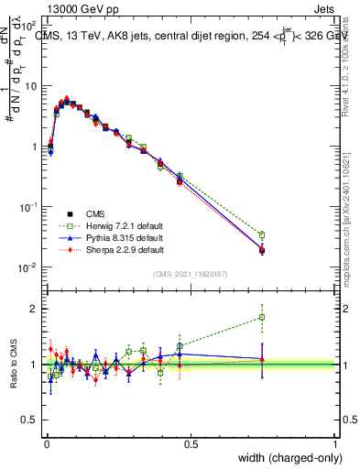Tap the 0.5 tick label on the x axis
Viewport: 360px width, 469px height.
191,444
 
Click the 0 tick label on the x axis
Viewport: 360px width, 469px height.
46,444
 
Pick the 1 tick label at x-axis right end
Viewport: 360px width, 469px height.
335,444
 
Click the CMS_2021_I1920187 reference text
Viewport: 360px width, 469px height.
190,274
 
